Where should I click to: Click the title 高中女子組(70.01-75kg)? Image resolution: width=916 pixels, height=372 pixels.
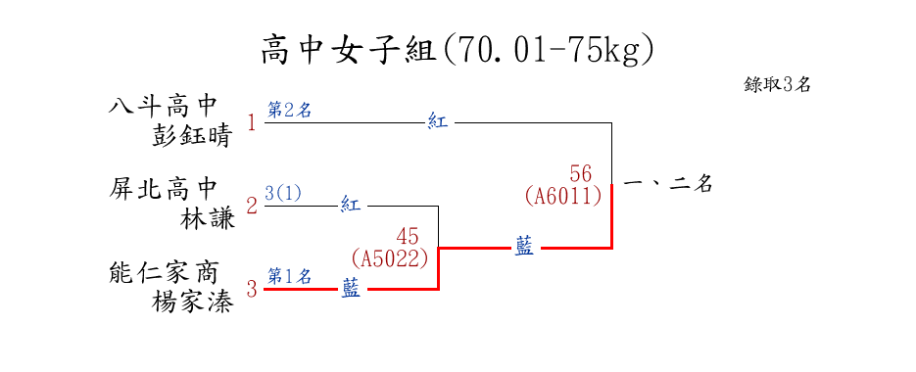pyautogui.click(x=457, y=51)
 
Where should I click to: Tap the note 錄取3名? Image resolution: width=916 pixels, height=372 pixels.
pyautogui.click(x=777, y=85)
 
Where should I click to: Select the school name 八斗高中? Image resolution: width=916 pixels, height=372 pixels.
pyautogui.click(x=163, y=107)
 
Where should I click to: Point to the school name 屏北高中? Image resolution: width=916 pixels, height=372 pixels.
pyautogui.click(x=163, y=190)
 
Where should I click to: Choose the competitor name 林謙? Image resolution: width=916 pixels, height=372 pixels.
pyautogui.click(x=207, y=220)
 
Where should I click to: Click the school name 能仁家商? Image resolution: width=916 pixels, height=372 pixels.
pyautogui.click(x=163, y=273)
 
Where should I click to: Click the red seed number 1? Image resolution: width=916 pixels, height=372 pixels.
pyautogui.click(x=252, y=123)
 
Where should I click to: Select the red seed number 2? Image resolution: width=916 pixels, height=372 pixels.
pyautogui.click(x=252, y=207)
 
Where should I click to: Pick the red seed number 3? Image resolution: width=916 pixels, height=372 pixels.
pyautogui.click(x=252, y=289)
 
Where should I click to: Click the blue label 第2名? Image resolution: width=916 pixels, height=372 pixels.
pyautogui.click(x=289, y=110)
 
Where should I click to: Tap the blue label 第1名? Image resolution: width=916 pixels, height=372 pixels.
pyautogui.click(x=289, y=275)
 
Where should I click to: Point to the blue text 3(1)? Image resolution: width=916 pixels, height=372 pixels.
pyautogui.click(x=283, y=193)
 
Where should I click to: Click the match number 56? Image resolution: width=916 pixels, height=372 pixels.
pyautogui.click(x=580, y=173)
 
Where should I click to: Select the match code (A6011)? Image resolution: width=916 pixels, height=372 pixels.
pyautogui.click(x=563, y=196)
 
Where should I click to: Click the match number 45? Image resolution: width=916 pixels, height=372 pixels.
pyautogui.click(x=408, y=237)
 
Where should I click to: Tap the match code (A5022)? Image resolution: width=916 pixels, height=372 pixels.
pyautogui.click(x=390, y=258)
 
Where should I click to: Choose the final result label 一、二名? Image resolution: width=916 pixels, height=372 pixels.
pyautogui.click(x=668, y=185)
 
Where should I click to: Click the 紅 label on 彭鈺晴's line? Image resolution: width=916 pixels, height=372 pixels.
pyautogui.click(x=437, y=122)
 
